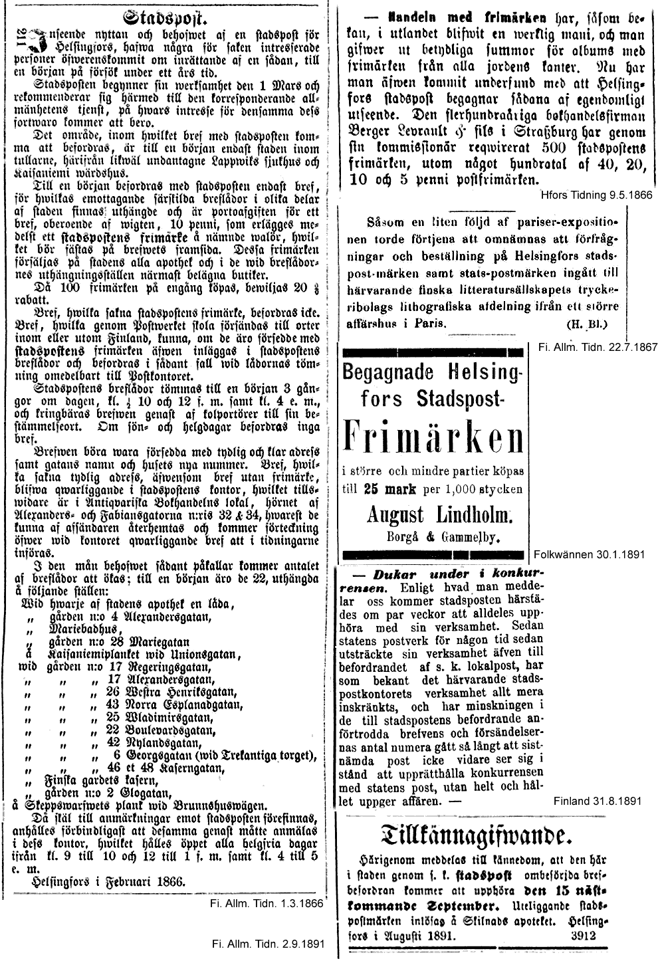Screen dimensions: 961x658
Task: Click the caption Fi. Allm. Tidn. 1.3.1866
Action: point(266,904)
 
